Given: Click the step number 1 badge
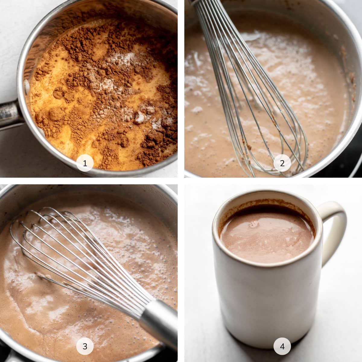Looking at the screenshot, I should click(85, 163).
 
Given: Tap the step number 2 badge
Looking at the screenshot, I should click(282, 163).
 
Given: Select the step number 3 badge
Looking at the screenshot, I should click(85, 346).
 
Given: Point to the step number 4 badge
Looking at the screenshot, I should click(282, 346).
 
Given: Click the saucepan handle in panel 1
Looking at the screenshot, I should click(9, 115).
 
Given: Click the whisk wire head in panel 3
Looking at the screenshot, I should click(75, 250).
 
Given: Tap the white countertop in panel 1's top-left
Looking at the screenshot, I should click(12, 24).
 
